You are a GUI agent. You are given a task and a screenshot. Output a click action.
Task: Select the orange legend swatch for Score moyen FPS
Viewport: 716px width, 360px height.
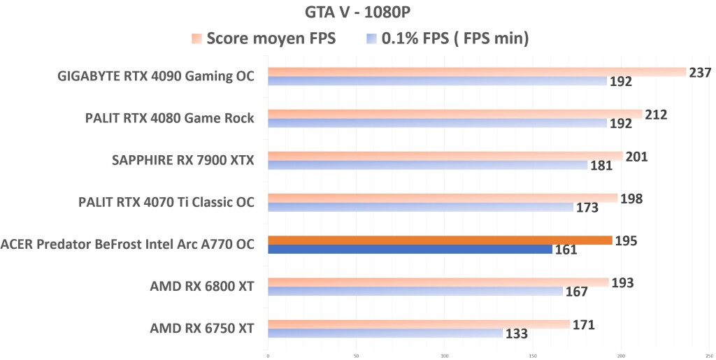(196, 38)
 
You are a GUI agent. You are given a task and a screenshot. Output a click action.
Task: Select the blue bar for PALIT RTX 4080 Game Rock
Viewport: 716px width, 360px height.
(437, 123)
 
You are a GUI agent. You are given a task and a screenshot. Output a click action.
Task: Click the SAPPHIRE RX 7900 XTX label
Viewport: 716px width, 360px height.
(182, 161)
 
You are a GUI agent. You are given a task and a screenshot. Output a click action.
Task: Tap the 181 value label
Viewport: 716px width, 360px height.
(601, 166)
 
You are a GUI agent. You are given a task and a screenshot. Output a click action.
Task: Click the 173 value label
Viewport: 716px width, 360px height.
(587, 208)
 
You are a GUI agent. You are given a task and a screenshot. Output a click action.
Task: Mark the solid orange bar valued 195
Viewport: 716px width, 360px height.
(440, 240)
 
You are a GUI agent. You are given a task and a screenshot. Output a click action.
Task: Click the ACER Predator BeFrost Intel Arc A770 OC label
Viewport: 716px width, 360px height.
(127, 245)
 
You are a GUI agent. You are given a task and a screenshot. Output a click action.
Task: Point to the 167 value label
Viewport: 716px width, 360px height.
(576, 291)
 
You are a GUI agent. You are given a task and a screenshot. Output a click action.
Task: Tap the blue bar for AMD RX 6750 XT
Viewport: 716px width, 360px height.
(385, 333)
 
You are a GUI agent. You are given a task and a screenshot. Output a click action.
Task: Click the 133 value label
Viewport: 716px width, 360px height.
(516, 333)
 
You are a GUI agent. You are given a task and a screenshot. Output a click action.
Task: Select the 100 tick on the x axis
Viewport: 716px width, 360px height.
(445, 355)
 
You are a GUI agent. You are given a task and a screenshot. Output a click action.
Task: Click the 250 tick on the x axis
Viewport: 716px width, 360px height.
(709, 355)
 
